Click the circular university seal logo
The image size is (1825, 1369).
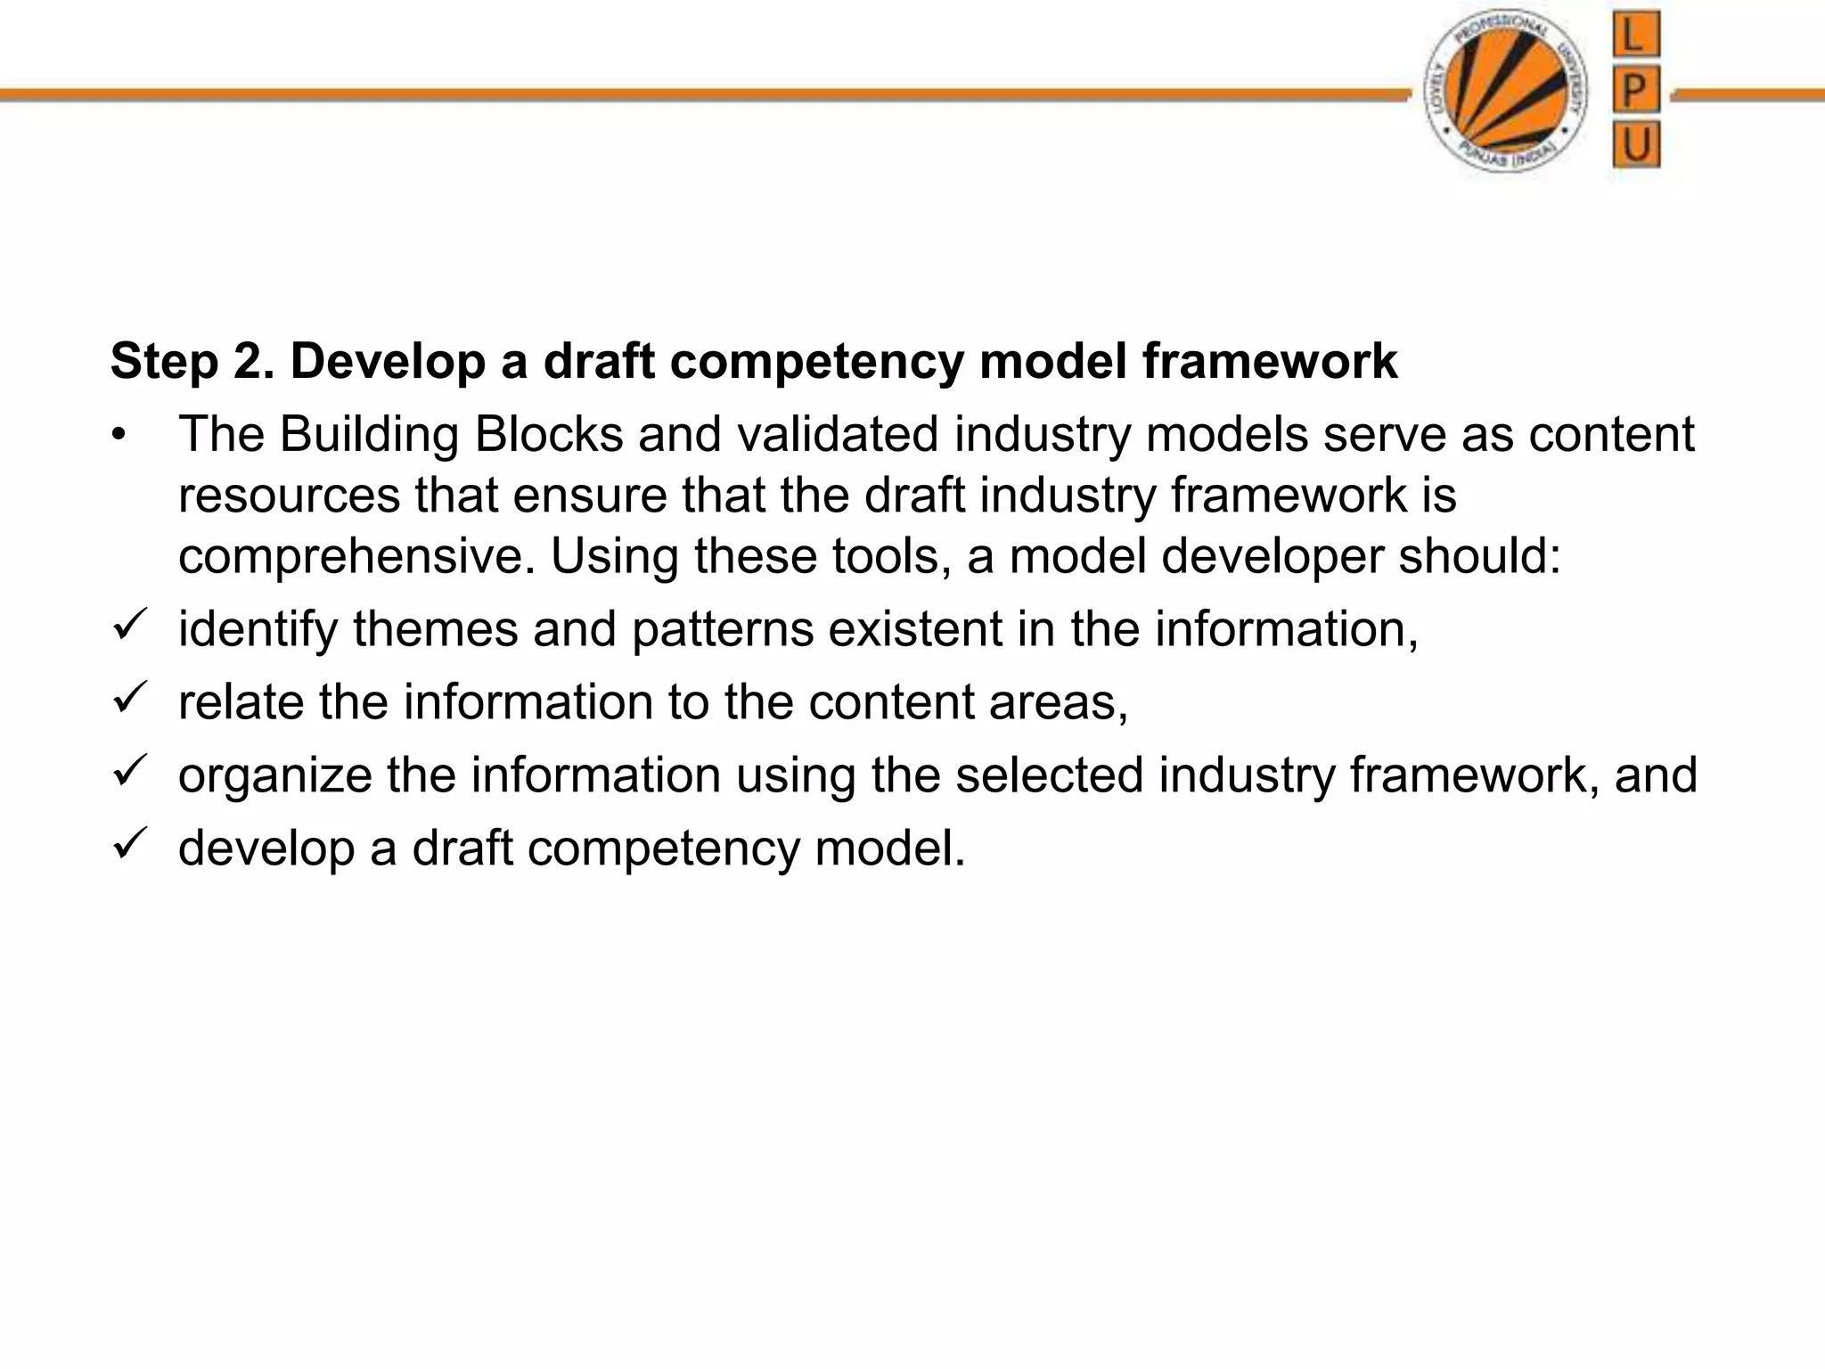coord(1506,92)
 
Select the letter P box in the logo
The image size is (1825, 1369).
coord(1636,89)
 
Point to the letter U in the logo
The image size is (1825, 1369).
coord(1636,144)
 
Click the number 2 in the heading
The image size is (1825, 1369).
coord(250,362)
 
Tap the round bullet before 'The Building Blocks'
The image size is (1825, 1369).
coord(119,436)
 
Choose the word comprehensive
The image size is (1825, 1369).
coord(356,558)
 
